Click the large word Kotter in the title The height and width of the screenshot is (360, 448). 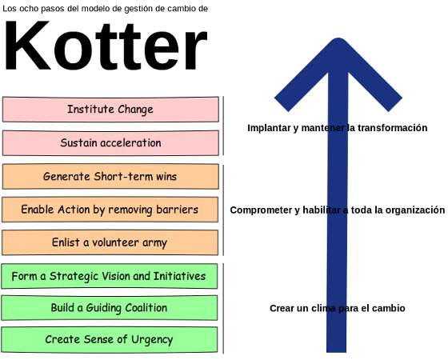coord(106,46)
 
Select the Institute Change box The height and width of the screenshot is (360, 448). coord(110,110)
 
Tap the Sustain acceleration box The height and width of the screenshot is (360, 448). coord(110,143)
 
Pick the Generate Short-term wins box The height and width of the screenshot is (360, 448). coord(110,177)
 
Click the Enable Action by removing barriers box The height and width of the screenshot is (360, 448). coord(110,210)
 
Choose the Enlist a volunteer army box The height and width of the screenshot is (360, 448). coord(110,242)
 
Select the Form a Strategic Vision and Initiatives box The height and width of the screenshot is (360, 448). coord(110,276)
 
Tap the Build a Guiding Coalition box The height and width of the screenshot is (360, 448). coord(110,308)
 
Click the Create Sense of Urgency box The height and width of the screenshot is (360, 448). coord(110,340)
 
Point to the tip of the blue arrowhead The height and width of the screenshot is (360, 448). coord(338,38)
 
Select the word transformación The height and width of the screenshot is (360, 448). coord(392,128)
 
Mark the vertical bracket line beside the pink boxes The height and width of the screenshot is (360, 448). coord(223,126)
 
